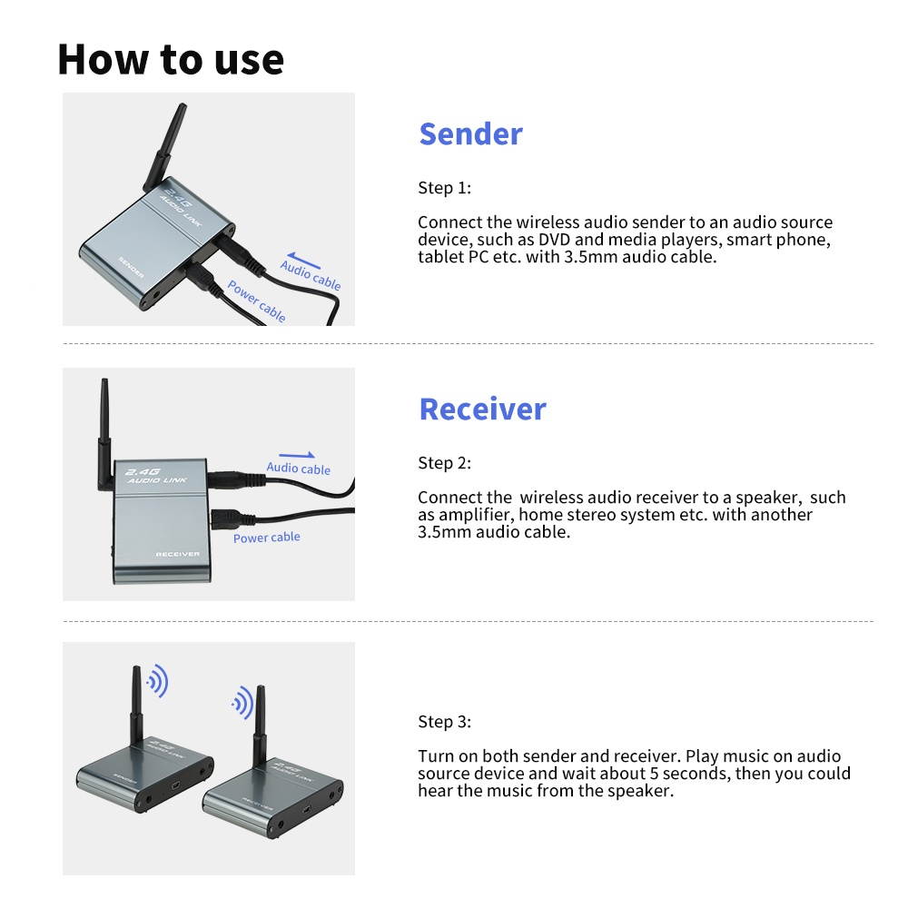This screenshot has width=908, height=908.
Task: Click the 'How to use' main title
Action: click(x=171, y=59)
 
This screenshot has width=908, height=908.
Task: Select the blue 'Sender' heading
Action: click(x=470, y=133)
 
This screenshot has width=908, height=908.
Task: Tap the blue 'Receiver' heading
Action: click(x=482, y=409)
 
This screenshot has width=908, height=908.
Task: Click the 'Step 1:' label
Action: click(x=444, y=188)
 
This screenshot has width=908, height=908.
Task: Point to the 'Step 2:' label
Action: click(x=444, y=463)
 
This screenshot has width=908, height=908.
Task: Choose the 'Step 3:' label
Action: click(x=444, y=722)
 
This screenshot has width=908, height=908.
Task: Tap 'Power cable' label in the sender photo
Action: click(x=257, y=301)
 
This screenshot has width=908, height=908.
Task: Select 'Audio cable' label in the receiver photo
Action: click(x=298, y=469)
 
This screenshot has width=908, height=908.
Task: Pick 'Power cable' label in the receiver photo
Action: click(x=266, y=538)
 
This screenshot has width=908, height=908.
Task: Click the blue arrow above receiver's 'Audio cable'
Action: click(x=297, y=455)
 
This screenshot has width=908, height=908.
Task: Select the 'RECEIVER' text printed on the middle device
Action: click(x=177, y=554)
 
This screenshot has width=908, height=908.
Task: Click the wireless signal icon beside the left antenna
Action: click(x=158, y=681)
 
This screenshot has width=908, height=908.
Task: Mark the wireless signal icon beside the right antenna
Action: click(x=242, y=702)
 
